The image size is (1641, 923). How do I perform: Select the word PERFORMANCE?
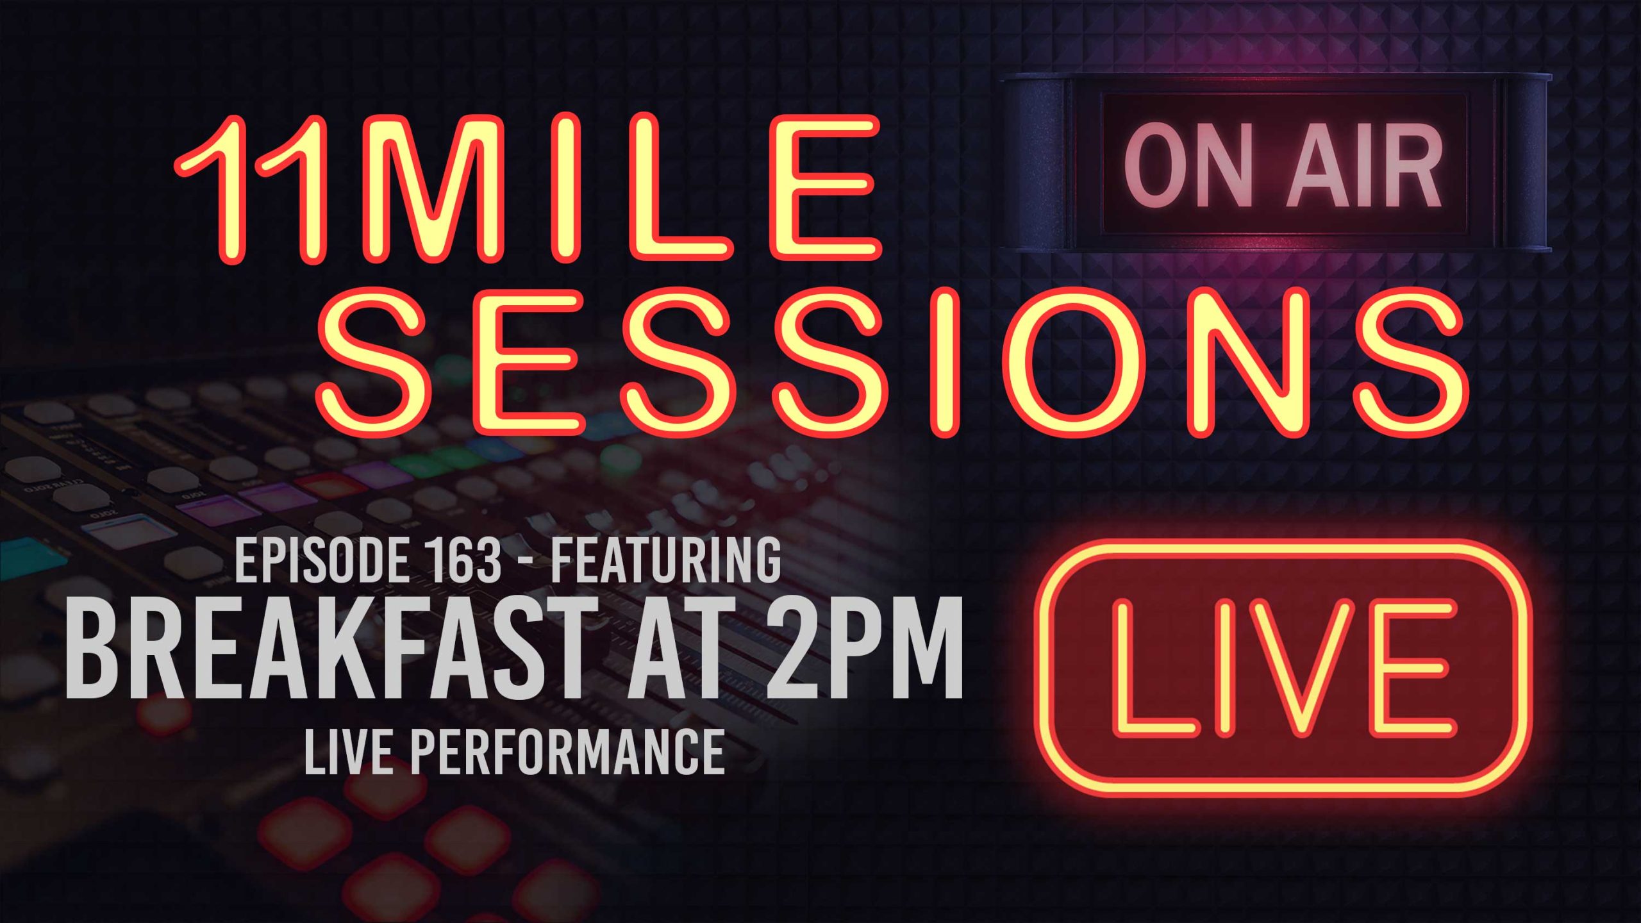coord(567,752)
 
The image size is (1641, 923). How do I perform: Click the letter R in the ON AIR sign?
coord(1413,170)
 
